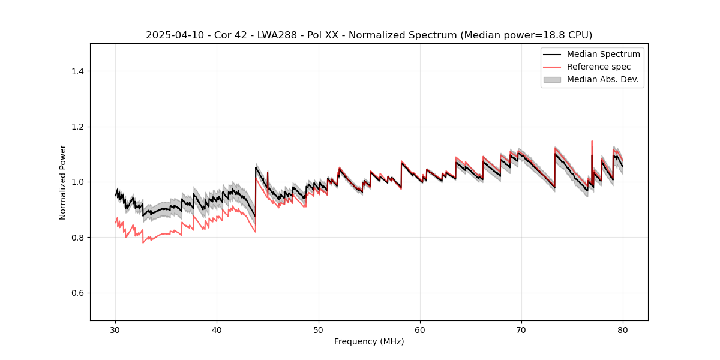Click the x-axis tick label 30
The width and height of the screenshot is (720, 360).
[116, 330]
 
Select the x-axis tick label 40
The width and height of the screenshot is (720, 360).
[217, 330]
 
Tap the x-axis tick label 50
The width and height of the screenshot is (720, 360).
[319, 330]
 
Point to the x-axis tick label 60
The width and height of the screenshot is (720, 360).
[420, 330]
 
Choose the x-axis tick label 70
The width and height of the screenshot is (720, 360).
[521, 330]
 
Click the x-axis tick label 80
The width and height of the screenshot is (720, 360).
[623, 330]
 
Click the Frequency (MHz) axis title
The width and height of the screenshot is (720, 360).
[369, 341]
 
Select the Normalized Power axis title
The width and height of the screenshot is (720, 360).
[63, 182]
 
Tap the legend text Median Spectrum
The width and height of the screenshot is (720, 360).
[603, 54]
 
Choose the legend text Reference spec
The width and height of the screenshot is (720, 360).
[599, 67]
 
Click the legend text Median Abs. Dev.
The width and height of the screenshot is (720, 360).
[602, 79]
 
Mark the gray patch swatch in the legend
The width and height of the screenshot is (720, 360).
[552, 79]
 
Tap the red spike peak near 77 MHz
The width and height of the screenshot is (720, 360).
[592, 141]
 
